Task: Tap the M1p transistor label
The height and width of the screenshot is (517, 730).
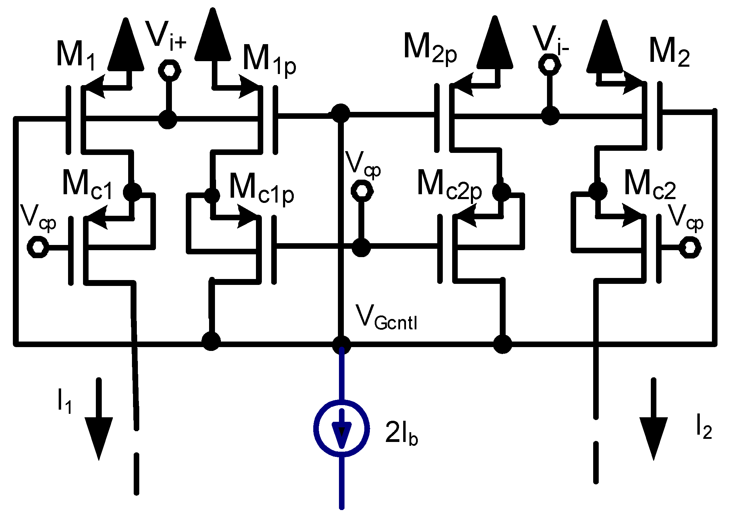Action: click(269, 59)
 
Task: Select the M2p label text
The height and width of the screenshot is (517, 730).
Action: click(430, 49)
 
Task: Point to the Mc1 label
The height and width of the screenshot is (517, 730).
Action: click(87, 186)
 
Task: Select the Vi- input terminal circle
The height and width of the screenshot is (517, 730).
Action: click(549, 65)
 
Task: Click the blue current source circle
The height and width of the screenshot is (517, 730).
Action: click(341, 428)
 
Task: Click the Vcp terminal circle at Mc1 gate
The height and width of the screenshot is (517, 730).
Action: click(38, 247)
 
